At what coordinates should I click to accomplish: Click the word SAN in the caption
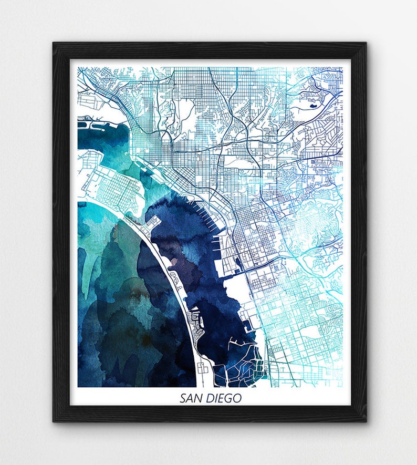pos(190,398)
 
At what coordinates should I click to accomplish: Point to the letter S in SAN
pos(183,398)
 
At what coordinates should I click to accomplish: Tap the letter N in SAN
pos(197,398)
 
